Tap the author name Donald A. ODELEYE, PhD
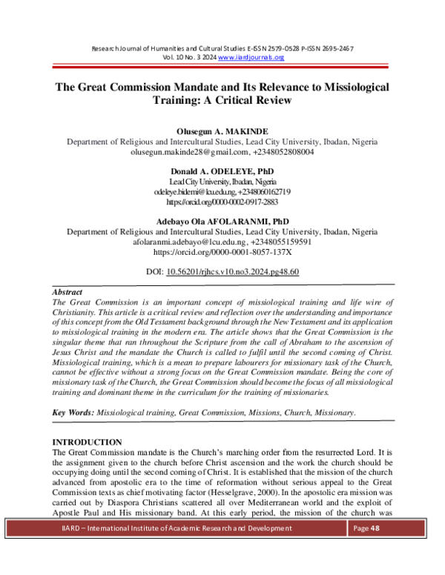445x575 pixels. (222, 170)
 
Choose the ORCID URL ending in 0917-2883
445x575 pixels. (222, 202)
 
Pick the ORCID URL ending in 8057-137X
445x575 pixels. (222, 252)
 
